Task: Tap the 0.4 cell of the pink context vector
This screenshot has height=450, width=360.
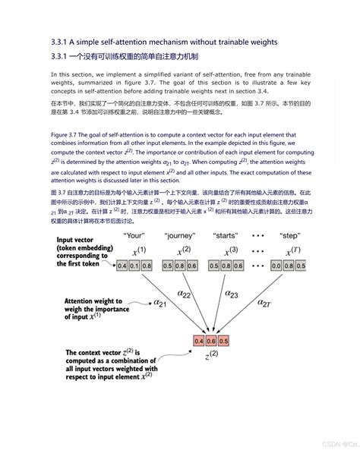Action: pyautogui.click(x=199, y=341)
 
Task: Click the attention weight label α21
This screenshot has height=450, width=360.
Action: pyautogui.click(x=159, y=304)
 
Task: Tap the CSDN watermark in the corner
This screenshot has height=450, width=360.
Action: pyautogui.click(x=330, y=441)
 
